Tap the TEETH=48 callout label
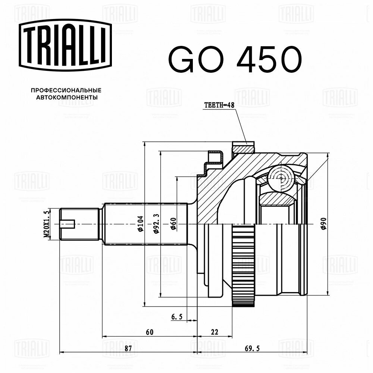point(219,106)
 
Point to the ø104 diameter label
point(141,224)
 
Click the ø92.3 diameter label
point(157,224)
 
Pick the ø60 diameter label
point(173,224)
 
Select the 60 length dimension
point(150,332)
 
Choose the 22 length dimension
point(214,332)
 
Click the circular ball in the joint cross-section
point(280,178)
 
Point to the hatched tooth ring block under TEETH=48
point(243,148)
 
